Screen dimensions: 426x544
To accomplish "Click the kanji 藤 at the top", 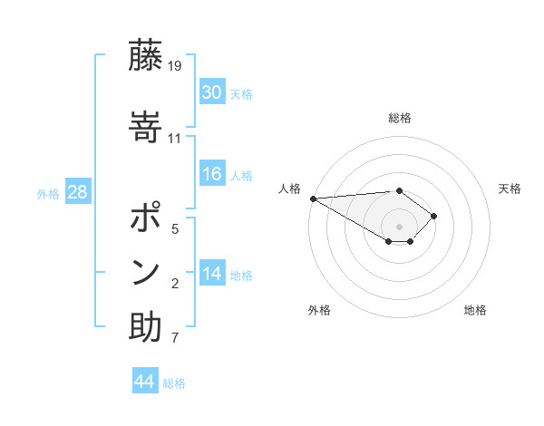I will pyautogui.click(x=145, y=56).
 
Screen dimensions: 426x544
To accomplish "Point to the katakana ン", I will pyautogui.click(x=145, y=272).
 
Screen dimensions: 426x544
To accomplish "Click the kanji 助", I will pyautogui.click(x=145, y=327).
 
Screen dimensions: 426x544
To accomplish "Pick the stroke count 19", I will pyautogui.click(x=176, y=66).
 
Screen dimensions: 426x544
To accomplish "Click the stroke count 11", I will pyautogui.click(x=175, y=138).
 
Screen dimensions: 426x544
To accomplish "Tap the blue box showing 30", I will pyautogui.click(x=212, y=92).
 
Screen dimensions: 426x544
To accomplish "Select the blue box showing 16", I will pyautogui.click(x=212, y=174).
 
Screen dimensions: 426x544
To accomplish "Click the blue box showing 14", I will pyautogui.click(x=212, y=273).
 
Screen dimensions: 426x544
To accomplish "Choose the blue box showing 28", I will pyautogui.click(x=77, y=192).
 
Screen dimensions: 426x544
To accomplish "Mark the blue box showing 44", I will pyautogui.click(x=145, y=382).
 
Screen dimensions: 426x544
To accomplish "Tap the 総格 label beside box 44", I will pyautogui.click(x=174, y=382).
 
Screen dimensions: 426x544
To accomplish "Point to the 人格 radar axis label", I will pyautogui.click(x=289, y=189).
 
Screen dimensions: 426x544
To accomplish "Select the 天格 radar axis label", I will pyautogui.click(x=510, y=189).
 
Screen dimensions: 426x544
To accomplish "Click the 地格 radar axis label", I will pyautogui.click(x=475, y=310).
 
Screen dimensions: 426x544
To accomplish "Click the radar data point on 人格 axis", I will pyautogui.click(x=313, y=198).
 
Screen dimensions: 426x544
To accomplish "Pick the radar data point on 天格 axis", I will pyautogui.click(x=434, y=216).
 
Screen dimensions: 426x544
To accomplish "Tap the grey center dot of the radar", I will pyautogui.click(x=399, y=226).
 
